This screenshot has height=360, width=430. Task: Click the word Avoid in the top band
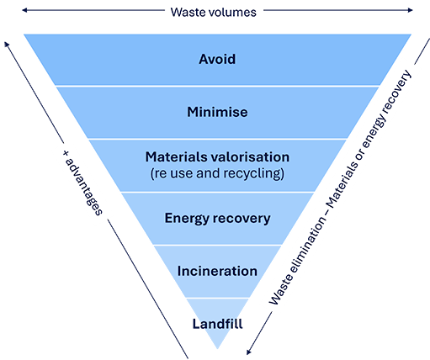tap(217, 60)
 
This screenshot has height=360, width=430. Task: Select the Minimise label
tap(217, 111)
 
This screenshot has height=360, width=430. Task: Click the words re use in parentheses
tap(173, 173)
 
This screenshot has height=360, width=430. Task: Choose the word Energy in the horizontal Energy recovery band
tap(185, 219)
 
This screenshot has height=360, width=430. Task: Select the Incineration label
tap(217, 271)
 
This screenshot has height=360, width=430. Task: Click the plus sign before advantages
tap(66, 156)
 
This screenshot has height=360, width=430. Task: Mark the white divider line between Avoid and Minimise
tap(217, 86)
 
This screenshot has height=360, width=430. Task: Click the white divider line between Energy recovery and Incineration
tap(217, 245)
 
